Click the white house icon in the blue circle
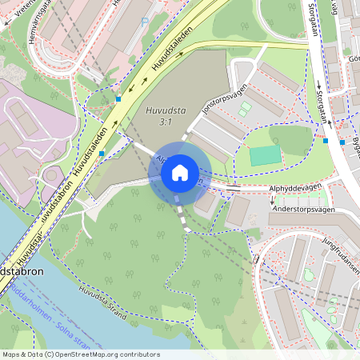point(180,173)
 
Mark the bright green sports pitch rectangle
point(266,155)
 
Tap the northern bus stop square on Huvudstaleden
point(118,99)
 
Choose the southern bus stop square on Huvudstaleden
point(102,153)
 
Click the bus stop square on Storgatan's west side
point(326,141)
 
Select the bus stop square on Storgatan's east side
point(342,142)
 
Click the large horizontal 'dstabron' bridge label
point(22,271)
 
